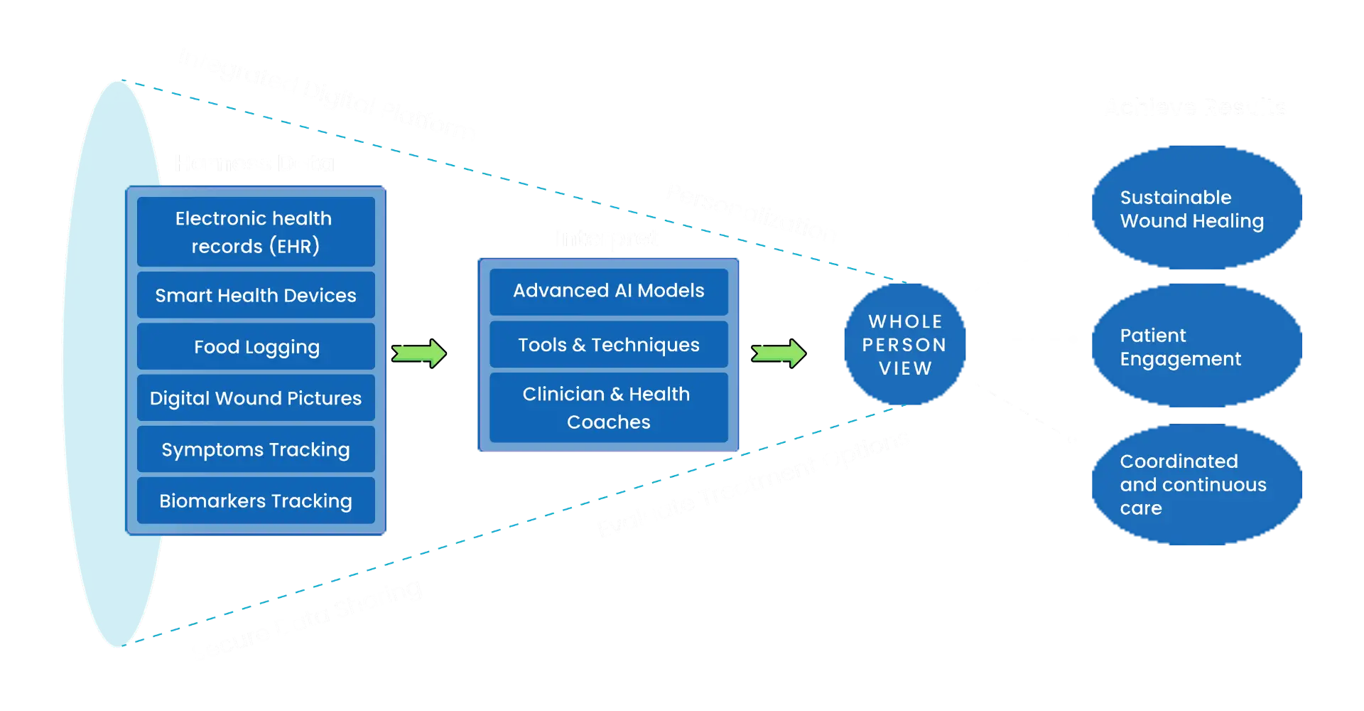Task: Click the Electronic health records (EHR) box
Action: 256,232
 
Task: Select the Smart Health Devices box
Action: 256,295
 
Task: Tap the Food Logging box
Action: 256,347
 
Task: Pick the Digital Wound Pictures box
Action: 256,398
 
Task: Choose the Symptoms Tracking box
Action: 256,449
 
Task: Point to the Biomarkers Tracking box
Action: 256,501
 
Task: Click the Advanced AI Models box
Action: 609,291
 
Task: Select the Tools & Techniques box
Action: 609,345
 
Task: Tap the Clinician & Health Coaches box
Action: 609,408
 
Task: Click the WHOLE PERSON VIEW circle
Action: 904,345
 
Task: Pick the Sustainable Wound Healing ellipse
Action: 1197,208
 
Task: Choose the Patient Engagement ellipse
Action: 1197,346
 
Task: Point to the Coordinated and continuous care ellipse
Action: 1197,484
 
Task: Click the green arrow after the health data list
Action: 419,353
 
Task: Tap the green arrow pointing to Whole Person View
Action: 779,353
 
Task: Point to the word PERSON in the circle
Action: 904,345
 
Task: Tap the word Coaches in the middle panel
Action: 609,422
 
